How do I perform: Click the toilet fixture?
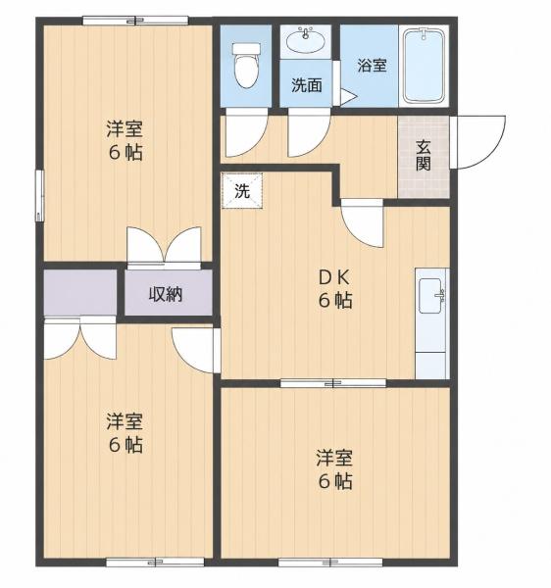pos(246,65)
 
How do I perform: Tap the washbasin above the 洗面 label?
pos(305,40)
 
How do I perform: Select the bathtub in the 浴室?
pos(424,66)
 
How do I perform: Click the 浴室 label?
pos(372,66)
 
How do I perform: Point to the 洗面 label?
pos(307,85)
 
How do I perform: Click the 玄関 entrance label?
pos(424,155)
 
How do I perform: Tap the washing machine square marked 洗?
pos(242,190)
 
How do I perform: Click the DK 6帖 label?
pos(335,289)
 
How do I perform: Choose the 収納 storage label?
pos(166,294)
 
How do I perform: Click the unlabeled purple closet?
pos(80,292)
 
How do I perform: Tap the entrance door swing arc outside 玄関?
pos(478,142)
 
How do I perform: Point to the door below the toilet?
pos(246,132)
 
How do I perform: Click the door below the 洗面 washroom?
pos(309,132)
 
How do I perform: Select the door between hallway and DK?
pos(362,223)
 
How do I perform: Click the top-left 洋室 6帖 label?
pos(125,140)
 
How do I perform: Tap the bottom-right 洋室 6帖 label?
pos(335,468)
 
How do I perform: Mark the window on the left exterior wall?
pos(40,195)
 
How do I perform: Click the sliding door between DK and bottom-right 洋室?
pos(333,383)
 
